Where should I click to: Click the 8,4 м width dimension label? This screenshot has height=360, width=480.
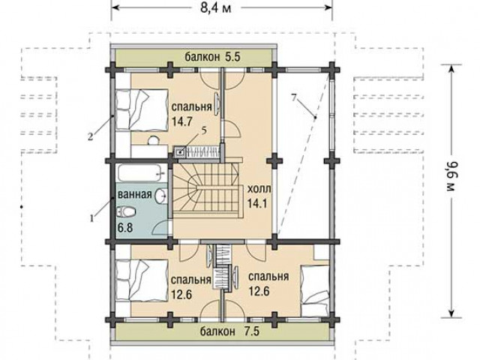pyautogui.click(x=215, y=7)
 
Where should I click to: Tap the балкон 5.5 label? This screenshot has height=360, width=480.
pyautogui.click(x=213, y=57)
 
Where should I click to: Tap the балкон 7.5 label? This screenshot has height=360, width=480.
pyautogui.click(x=230, y=331)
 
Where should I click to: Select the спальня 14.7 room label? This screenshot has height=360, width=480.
pyautogui.click(x=192, y=114)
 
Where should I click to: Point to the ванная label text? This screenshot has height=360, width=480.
pyautogui.click(x=135, y=194)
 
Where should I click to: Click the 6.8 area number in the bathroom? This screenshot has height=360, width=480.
pyautogui.click(x=125, y=228)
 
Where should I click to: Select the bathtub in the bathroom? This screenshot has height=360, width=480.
pyautogui.click(x=142, y=173)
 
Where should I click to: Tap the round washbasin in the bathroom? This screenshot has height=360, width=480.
pyautogui.click(x=161, y=196)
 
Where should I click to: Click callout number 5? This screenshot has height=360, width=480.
pyautogui.click(x=204, y=130)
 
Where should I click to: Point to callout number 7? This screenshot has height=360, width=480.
pyautogui.click(x=294, y=98)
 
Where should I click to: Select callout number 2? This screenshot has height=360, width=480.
pyautogui.click(x=90, y=136)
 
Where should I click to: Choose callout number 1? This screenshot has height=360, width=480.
pyautogui.click(x=91, y=218)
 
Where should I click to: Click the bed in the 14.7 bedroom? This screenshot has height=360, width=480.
pyautogui.click(x=142, y=109)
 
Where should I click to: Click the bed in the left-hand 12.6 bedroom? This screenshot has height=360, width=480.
pyautogui.click(x=142, y=280)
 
